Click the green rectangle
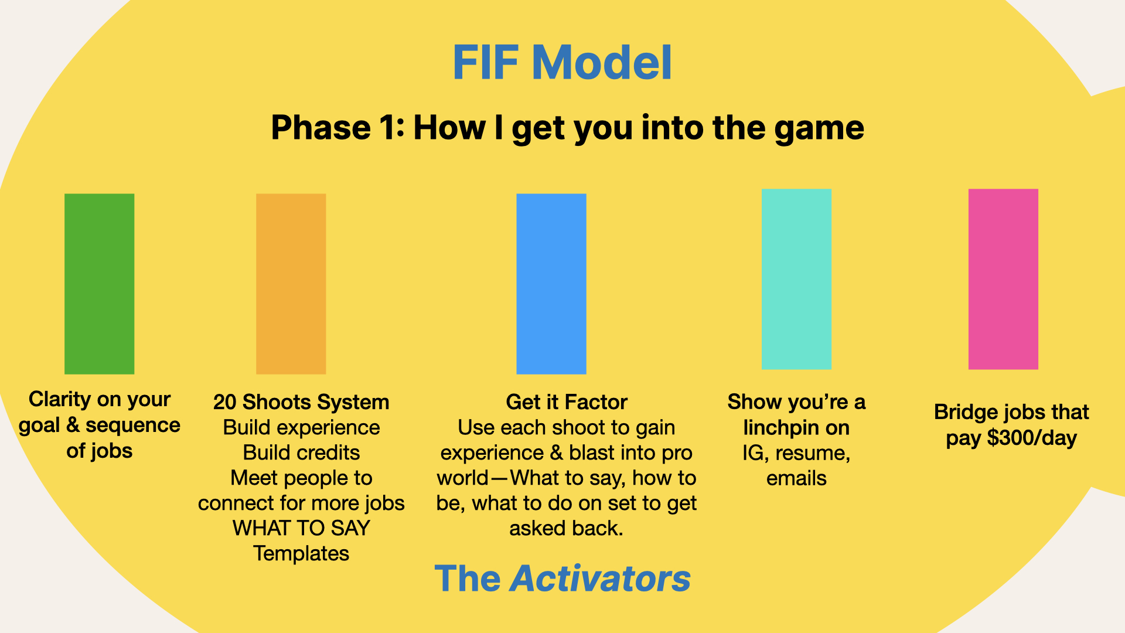[x=99, y=284]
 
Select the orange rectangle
[x=291, y=284]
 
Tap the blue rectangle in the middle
[x=551, y=284]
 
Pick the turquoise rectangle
[x=796, y=279]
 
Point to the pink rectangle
[x=1003, y=279]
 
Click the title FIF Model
[x=562, y=62]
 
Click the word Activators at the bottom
[x=601, y=578]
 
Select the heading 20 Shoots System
[x=301, y=402]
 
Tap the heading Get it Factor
[x=567, y=402]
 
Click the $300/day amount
[x=1032, y=438]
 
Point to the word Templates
[x=301, y=553]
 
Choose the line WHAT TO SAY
[x=301, y=528]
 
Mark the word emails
[x=796, y=478]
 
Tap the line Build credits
[x=301, y=452]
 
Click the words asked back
[x=566, y=528]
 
